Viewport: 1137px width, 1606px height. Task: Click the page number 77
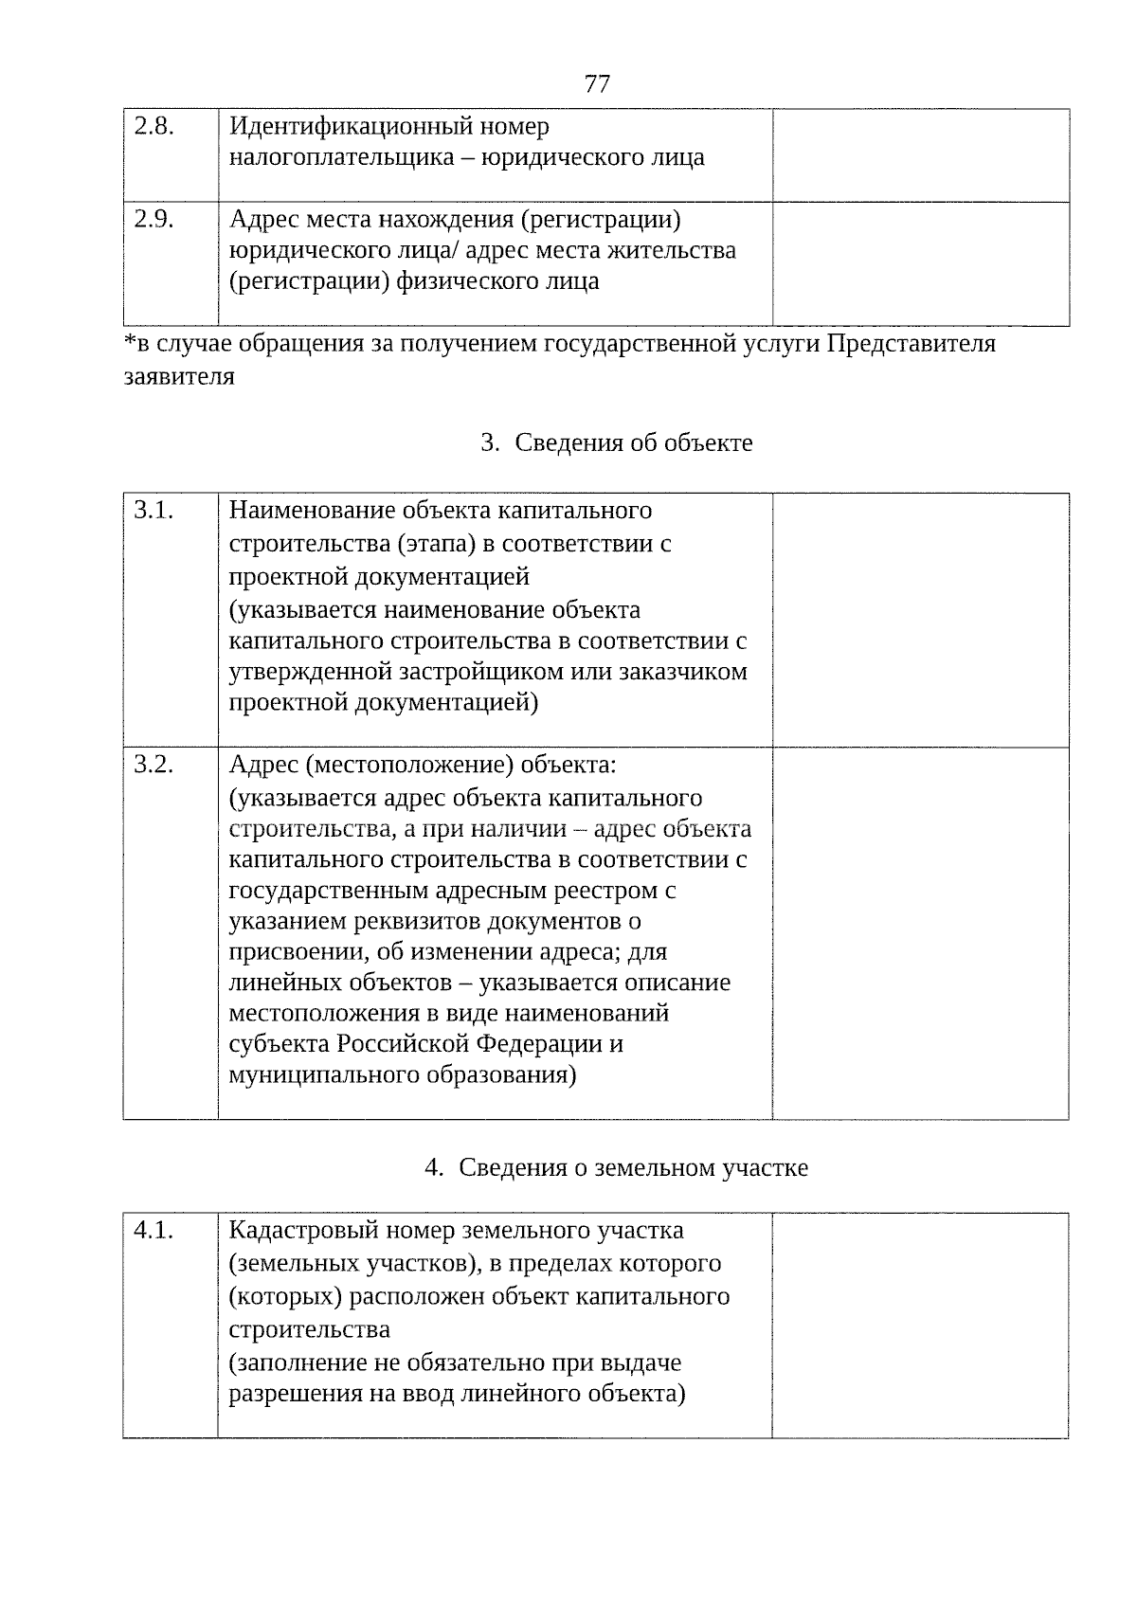click(x=597, y=84)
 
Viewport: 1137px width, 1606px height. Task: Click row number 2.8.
click(x=153, y=126)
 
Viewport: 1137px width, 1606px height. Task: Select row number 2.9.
click(x=153, y=220)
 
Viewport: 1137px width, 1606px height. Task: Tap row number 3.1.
click(x=153, y=511)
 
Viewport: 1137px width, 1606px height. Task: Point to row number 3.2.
click(x=153, y=765)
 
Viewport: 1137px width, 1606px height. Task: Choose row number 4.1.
click(x=153, y=1231)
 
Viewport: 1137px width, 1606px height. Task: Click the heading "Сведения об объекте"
click(x=633, y=443)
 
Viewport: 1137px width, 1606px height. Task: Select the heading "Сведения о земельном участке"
click(x=633, y=1168)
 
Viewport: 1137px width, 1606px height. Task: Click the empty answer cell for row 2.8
click(x=920, y=154)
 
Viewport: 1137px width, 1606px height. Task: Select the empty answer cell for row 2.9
click(x=920, y=263)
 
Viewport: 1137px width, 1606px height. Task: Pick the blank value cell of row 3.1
click(x=920, y=620)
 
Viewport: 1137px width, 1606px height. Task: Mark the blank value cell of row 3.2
click(x=920, y=933)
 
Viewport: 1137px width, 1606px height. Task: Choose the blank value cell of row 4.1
click(x=920, y=1325)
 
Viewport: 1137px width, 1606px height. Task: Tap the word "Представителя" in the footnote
click(x=911, y=344)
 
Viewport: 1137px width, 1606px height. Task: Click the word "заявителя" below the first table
click(x=179, y=377)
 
